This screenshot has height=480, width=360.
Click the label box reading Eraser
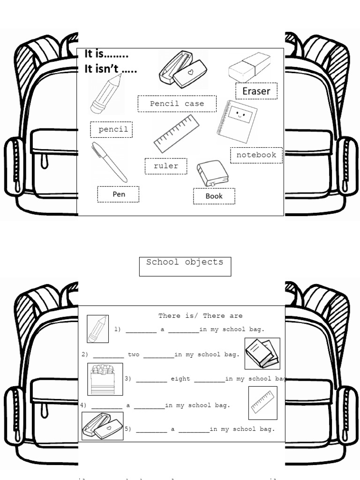256,91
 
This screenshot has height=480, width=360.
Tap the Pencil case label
177,104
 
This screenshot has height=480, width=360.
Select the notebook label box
256,155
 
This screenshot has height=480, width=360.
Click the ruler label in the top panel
165,166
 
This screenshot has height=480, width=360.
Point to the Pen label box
118,194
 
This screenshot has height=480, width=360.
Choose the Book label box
214,196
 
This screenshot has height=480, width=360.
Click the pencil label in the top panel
112,129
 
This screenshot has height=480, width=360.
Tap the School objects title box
185,266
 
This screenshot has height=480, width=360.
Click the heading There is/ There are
200,316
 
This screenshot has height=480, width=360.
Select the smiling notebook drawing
237,121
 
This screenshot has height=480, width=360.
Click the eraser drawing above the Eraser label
249,67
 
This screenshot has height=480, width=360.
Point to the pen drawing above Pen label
109,162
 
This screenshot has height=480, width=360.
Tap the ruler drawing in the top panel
176,134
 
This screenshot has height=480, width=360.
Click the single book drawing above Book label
212,173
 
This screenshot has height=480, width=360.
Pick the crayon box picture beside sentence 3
105,379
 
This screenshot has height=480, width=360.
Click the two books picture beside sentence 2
262,353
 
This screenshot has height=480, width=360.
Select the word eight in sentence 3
180,379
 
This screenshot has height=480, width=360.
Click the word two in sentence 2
134,354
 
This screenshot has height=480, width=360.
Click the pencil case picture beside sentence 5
103,426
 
